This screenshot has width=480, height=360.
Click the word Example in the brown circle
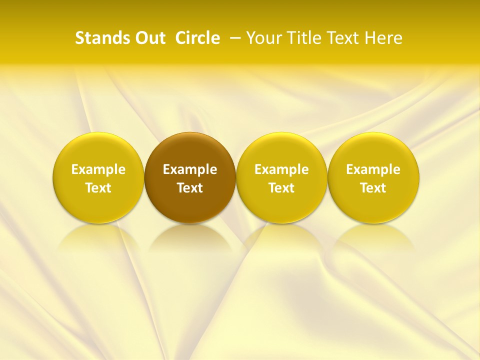(190, 169)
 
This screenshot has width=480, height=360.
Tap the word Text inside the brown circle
(190, 188)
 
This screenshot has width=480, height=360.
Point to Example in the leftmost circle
(98, 169)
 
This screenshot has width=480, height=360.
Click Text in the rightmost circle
(373, 188)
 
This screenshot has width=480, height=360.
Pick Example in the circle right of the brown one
(281, 169)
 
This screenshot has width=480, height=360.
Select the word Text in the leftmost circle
(98, 188)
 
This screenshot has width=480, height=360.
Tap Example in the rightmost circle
(373, 169)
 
